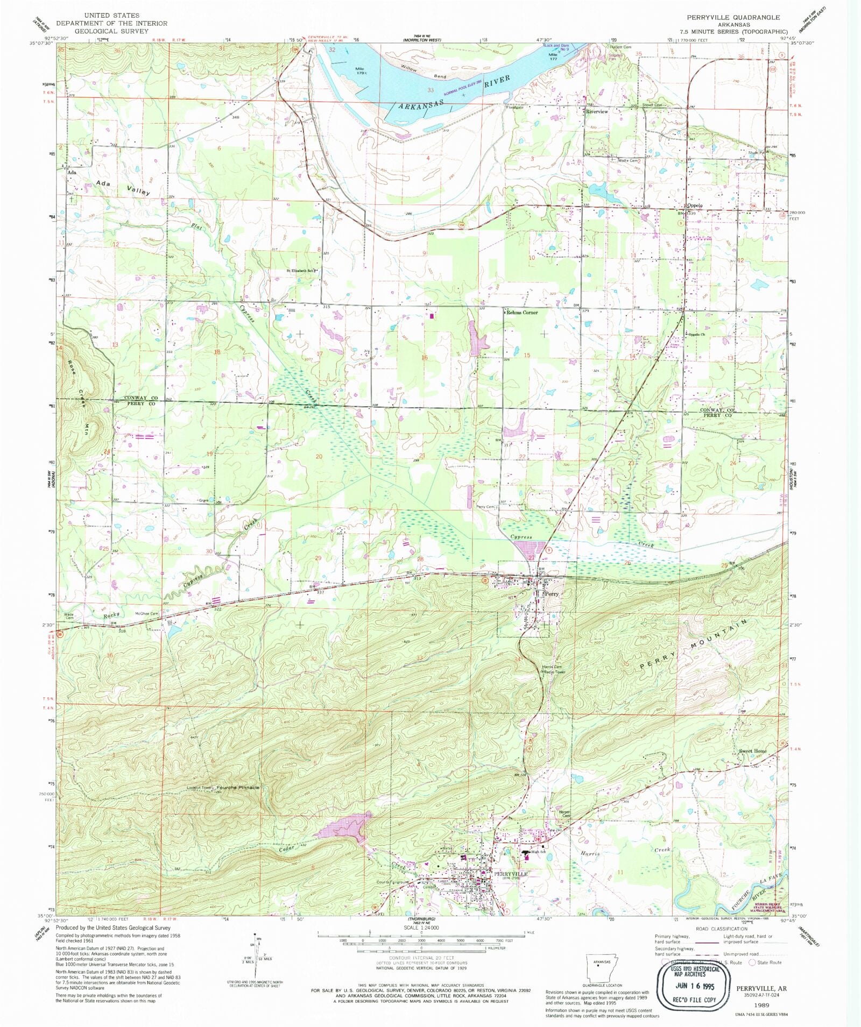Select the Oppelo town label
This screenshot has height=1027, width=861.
tap(694, 206)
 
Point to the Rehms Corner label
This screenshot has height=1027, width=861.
tap(521, 312)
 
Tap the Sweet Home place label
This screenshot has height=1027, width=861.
tap(752, 751)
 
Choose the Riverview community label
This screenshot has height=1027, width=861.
tap(597, 111)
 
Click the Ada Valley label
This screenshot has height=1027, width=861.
tap(123, 187)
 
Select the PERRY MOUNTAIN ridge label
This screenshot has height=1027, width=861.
tap(694, 645)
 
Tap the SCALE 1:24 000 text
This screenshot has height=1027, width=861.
tap(422, 928)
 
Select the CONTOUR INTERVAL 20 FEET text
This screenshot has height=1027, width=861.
tap(422, 958)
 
